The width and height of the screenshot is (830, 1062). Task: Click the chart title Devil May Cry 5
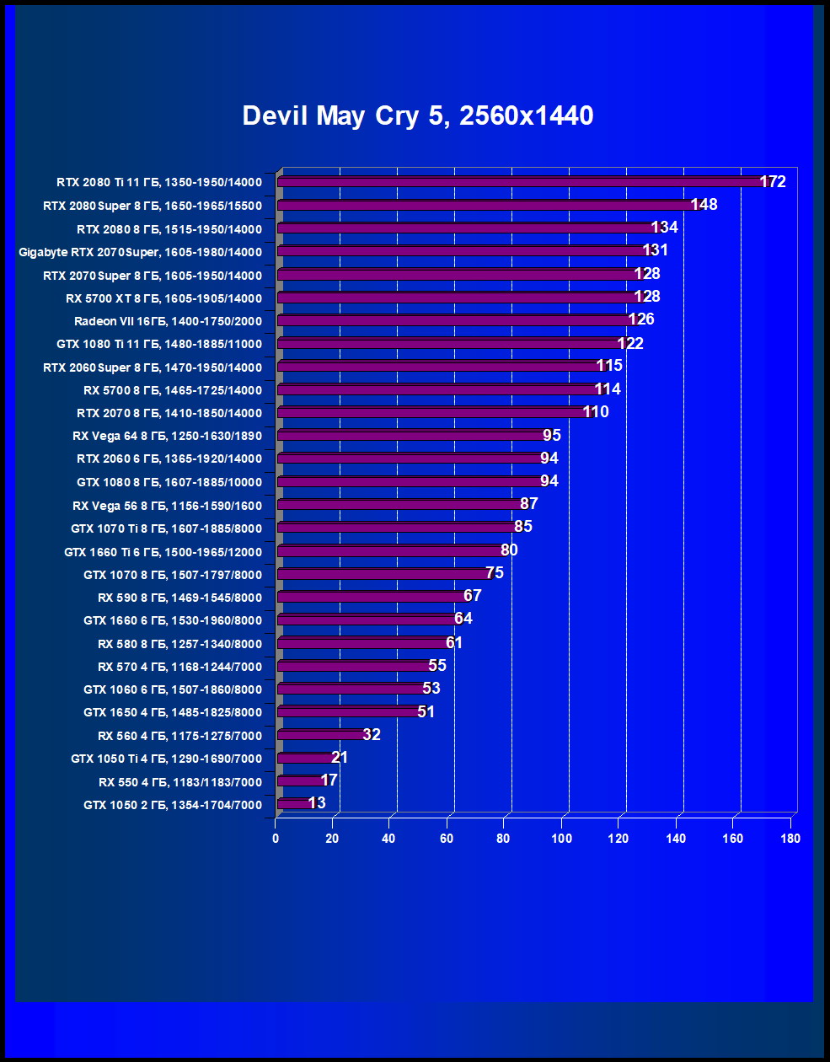[417, 115]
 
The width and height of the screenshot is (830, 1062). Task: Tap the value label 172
[773, 182]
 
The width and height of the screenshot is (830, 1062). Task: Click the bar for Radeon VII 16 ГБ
[455, 320]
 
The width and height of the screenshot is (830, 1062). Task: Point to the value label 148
[704, 205]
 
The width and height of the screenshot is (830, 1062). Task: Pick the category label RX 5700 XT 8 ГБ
[163, 298]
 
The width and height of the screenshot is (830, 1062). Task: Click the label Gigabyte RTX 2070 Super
[140, 252]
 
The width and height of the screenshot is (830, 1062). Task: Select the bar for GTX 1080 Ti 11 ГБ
[450, 343]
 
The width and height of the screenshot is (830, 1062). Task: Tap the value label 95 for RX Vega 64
[552, 436]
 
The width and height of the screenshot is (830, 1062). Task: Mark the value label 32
[372, 735]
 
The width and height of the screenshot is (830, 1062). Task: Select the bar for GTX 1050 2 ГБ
[295, 804]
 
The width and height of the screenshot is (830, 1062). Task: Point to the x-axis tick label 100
[561, 839]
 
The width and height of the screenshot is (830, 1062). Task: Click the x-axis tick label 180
[790, 839]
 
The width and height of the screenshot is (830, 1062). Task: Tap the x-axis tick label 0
[276, 839]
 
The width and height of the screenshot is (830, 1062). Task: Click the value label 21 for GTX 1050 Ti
[340, 758]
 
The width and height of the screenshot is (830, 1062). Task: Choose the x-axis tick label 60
[447, 839]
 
